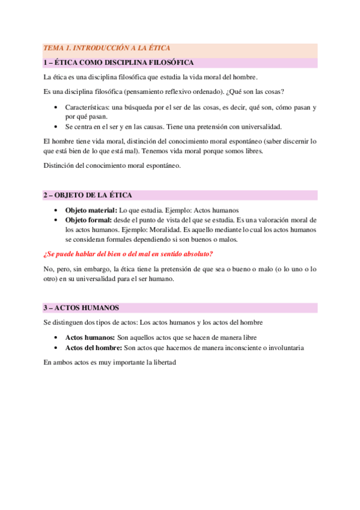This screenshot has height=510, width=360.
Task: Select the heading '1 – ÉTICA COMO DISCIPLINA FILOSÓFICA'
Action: (x=118, y=63)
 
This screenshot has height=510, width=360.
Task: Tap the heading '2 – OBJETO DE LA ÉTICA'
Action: (x=87, y=195)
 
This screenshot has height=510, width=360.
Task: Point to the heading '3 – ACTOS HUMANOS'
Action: (x=81, y=307)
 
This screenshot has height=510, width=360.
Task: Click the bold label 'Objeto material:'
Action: (x=91, y=210)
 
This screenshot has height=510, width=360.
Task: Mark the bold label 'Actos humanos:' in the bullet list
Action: (x=90, y=337)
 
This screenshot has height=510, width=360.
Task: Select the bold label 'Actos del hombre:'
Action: (x=94, y=348)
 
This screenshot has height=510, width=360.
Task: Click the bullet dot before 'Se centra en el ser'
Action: (x=55, y=127)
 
